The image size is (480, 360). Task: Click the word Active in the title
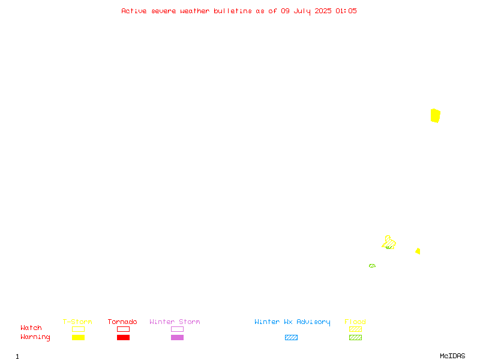coord(134,11)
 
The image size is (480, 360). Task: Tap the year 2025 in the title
coord(323,11)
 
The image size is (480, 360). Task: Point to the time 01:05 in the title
coord(346,11)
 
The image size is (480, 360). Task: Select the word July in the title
coord(302,11)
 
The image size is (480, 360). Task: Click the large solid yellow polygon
coord(436,116)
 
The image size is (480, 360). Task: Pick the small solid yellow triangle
coord(418,251)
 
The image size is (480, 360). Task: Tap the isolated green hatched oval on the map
coord(372,266)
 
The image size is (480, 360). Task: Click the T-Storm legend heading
coord(77,322)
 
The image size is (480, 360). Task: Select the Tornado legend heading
coord(122,322)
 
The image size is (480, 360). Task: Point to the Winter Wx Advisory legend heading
coord(292,322)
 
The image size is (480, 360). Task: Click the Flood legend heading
coord(355,322)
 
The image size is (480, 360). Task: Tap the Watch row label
coord(31,328)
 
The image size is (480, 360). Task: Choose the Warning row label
coord(35,337)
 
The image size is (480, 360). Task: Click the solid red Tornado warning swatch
coord(124,337)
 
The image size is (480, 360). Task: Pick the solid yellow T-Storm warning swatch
coord(79,337)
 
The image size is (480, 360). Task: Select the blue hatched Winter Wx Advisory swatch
coord(291,337)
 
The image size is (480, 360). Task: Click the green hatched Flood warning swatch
coord(355,337)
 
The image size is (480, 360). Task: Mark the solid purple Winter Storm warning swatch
coord(177,337)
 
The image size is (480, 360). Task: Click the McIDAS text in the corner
coord(452,356)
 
